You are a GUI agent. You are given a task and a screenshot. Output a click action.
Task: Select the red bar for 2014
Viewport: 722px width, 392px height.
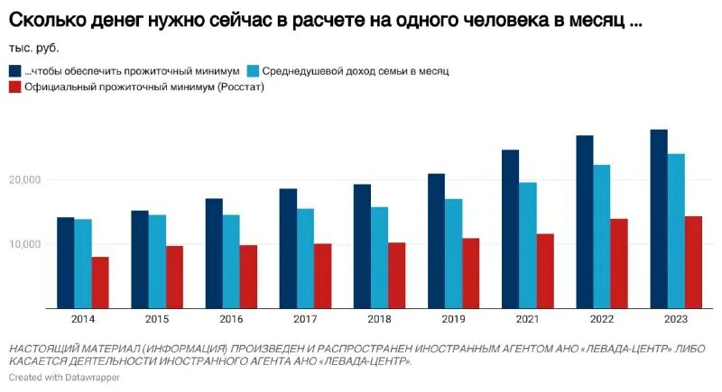(x=100, y=283)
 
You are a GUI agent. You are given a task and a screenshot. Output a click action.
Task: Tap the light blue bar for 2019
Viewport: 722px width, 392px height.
(x=453, y=253)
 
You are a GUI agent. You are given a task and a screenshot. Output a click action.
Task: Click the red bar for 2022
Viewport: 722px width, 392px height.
(x=619, y=263)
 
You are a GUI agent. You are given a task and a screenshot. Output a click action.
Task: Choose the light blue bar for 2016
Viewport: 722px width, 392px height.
(x=231, y=261)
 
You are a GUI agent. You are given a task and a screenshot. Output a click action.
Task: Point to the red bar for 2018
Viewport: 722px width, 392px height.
(x=397, y=275)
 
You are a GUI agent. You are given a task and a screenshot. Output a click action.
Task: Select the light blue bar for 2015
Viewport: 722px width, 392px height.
(x=157, y=261)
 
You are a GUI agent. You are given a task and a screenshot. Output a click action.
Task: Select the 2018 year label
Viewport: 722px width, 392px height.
(x=379, y=321)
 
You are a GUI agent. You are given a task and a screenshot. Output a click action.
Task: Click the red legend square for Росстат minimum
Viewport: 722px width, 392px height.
(x=15, y=87)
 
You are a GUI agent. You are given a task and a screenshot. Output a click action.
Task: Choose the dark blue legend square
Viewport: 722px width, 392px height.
(x=15, y=70)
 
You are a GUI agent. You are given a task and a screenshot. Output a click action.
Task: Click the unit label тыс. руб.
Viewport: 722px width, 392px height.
(x=40, y=47)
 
